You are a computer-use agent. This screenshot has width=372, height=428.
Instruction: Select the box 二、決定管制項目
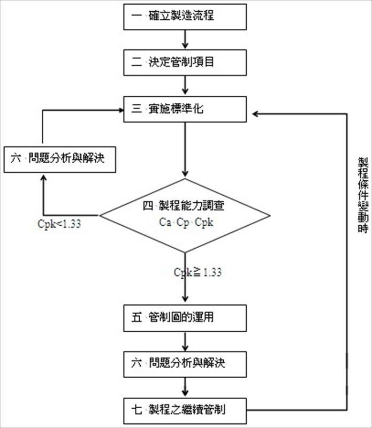coord(185,62)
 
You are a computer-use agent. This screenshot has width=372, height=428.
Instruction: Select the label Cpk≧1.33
coord(198,272)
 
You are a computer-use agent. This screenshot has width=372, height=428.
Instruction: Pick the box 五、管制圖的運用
coord(185,318)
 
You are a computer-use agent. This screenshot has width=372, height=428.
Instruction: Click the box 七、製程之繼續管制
coord(185,410)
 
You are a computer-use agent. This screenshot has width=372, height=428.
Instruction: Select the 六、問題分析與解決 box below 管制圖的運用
coord(185,364)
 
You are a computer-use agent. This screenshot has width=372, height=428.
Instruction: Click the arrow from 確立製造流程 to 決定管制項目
coord(185,39)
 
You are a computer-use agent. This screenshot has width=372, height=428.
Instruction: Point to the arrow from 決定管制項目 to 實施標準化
coord(185,85)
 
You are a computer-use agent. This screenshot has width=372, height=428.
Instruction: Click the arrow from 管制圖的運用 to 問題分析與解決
coord(185,341)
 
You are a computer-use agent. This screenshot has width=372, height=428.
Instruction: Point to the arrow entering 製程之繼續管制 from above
coord(185,387)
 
